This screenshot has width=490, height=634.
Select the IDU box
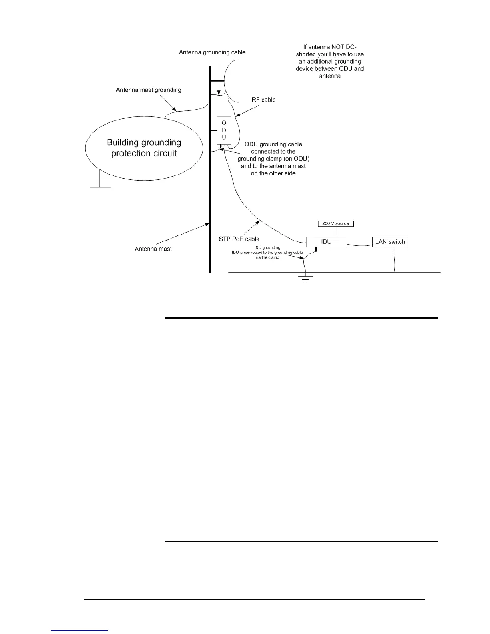point(326,242)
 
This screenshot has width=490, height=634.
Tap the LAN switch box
point(390,242)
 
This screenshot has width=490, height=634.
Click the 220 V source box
point(335,223)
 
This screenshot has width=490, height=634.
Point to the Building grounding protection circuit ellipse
point(144,148)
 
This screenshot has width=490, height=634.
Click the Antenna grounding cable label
point(212,52)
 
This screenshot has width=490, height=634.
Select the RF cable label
point(263,100)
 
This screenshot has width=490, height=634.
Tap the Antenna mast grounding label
point(149,90)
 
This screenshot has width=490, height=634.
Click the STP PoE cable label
point(239,239)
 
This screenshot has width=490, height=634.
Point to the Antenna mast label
point(153,249)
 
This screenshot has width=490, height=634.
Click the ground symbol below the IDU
point(305,279)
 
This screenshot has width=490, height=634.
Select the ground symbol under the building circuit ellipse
point(100,185)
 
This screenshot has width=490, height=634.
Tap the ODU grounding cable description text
point(273,158)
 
